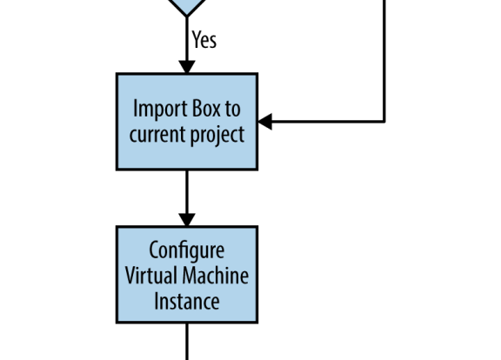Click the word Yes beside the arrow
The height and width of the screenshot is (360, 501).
(204, 40)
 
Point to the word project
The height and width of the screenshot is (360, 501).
(217, 135)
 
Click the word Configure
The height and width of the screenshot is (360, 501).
(187, 250)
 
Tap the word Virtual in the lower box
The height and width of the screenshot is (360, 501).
(150, 276)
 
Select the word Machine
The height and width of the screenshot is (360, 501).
(216, 276)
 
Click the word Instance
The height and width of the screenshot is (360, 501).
(187, 301)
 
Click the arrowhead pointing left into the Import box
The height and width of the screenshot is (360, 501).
(265, 122)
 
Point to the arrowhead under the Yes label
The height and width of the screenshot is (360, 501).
(187, 67)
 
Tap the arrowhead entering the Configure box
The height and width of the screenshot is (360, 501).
(187, 220)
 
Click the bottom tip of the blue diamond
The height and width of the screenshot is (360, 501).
(187, 16)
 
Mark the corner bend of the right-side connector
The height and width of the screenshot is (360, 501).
(384, 122)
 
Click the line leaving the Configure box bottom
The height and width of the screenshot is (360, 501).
(187, 342)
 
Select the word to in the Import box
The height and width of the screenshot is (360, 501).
(233, 109)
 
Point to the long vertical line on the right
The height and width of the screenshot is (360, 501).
(384, 61)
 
